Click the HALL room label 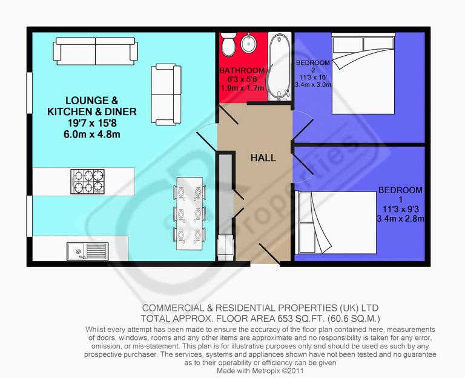[x=263, y=158]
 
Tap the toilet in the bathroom [x=228, y=45]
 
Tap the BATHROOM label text [x=242, y=70]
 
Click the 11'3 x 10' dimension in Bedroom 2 [x=312, y=78]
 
